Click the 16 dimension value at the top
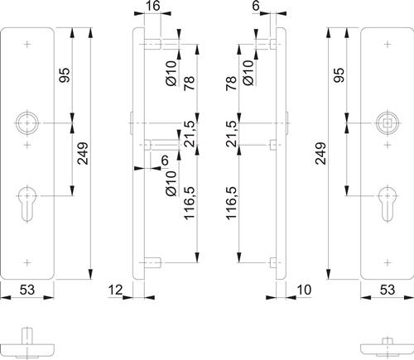[x=152, y=6]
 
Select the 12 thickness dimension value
[x=115, y=290]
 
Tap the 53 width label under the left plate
[x=27, y=290]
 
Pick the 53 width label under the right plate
[x=388, y=290]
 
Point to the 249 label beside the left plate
[x=83, y=153]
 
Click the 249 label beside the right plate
[x=321, y=153]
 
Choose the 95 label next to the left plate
[x=65, y=75]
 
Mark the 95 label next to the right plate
[x=339, y=75]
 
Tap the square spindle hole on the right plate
[x=388, y=123]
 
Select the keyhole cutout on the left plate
[x=27, y=204]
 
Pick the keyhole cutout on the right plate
[x=388, y=204]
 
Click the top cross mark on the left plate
[x=27, y=44]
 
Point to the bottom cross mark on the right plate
[x=388, y=263]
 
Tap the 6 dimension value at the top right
[x=256, y=6]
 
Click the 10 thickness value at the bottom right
[x=304, y=290]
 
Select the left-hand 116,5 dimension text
[x=190, y=203]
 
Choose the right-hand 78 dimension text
[x=231, y=84]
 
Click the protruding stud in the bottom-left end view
[x=27, y=336]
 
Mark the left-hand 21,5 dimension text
[x=190, y=134]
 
